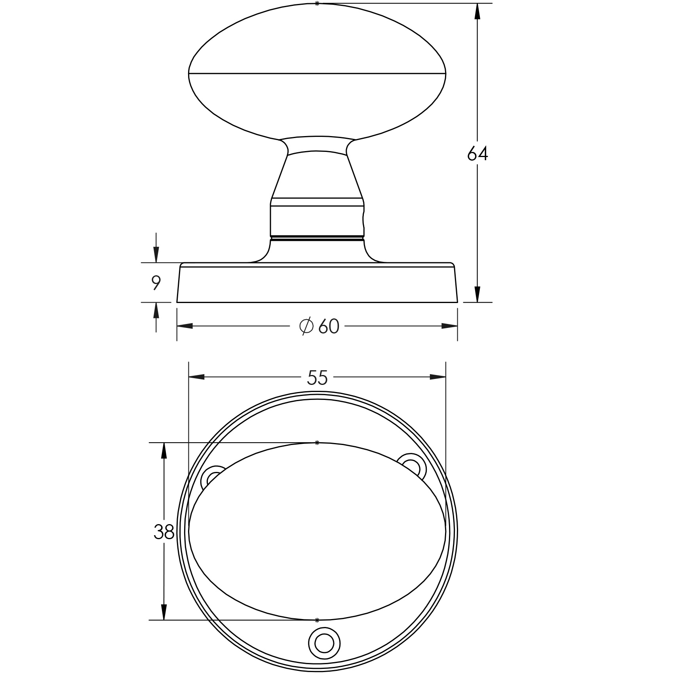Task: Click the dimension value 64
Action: (x=477, y=154)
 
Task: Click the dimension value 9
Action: (x=156, y=283)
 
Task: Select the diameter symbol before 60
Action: (x=306, y=326)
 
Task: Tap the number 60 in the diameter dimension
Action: (x=329, y=327)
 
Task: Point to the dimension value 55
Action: (x=317, y=378)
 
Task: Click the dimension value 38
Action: (x=164, y=532)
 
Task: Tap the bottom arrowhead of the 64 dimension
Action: (x=477, y=294)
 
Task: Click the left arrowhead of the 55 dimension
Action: (x=196, y=377)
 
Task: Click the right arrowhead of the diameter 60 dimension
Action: (x=450, y=326)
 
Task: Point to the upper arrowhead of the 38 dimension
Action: (x=164, y=451)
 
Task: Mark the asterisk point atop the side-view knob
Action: (x=317, y=3)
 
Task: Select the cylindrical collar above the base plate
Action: (x=317, y=220)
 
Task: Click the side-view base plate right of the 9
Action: (x=317, y=285)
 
